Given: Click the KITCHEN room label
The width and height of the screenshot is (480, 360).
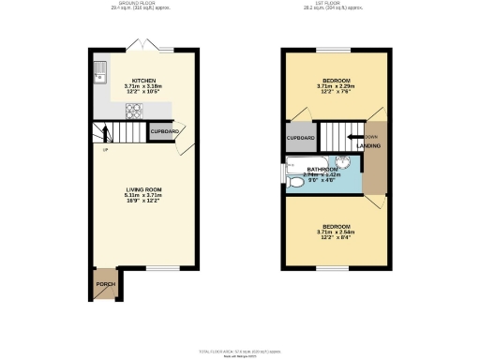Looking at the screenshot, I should [143, 81].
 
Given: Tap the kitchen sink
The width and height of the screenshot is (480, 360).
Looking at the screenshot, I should [100, 70].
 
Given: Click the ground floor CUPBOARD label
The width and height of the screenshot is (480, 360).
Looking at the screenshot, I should [165, 131].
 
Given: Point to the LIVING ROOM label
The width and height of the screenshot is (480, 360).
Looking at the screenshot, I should [144, 189].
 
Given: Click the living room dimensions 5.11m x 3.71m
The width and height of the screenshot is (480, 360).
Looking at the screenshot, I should [144, 196].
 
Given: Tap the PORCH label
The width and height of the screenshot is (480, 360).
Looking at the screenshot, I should [103, 283].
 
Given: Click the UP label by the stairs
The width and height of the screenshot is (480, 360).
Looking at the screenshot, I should [106, 149].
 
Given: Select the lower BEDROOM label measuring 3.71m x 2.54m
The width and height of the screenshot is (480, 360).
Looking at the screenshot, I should [337, 227].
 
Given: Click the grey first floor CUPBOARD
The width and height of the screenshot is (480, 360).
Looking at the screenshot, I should [300, 138].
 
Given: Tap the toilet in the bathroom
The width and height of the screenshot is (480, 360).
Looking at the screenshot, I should [295, 182].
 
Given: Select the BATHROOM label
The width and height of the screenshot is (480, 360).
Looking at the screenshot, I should [322, 170].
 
